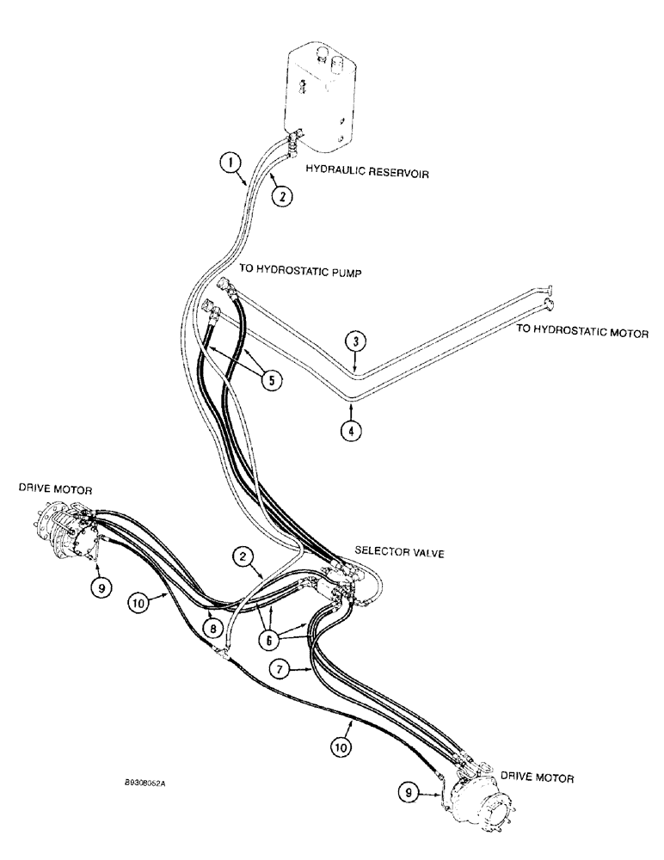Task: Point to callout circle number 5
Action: tap(272, 380)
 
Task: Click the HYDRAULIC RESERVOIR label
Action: tap(367, 173)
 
